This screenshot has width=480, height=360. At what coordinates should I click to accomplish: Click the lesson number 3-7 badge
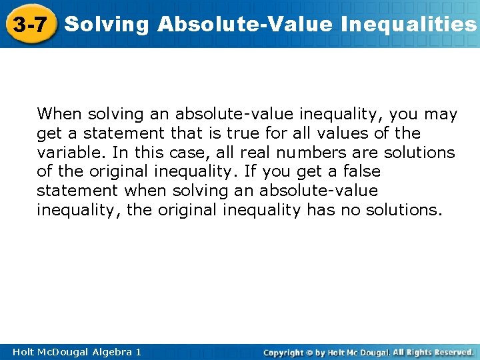point(29,25)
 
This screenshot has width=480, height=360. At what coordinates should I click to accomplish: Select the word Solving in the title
point(108,25)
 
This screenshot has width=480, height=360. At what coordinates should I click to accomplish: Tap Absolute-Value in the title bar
point(245,25)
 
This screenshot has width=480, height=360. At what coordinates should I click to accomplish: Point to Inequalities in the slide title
point(409,25)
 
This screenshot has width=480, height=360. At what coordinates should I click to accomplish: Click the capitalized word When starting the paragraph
point(57,115)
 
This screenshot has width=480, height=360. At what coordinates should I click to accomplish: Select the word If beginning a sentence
point(250,172)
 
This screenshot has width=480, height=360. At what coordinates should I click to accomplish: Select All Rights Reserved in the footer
point(433,351)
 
